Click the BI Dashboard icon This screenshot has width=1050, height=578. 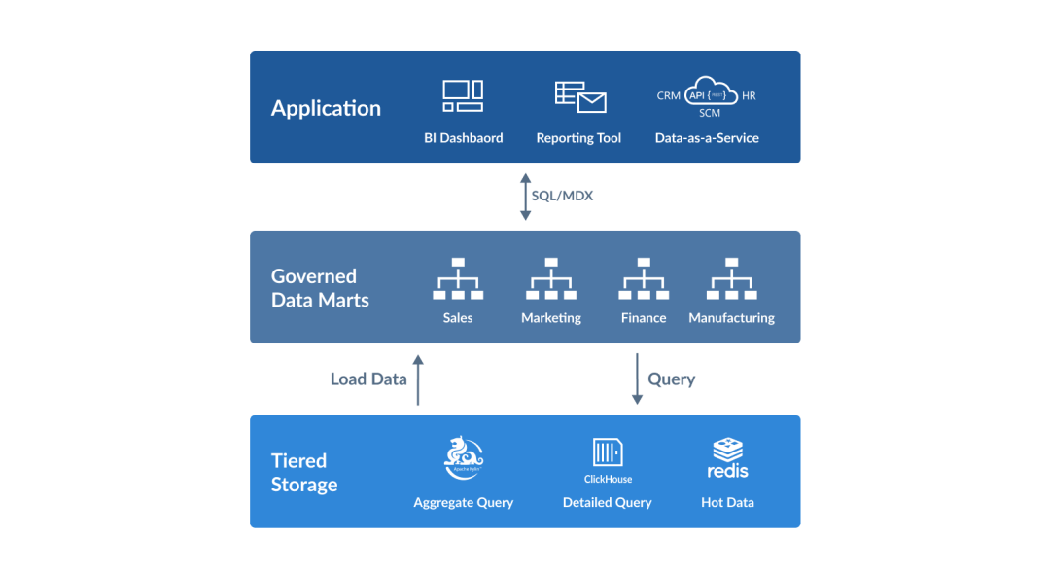pyautogui.click(x=463, y=95)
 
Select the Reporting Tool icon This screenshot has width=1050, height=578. pyautogui.click(x=579, y=96)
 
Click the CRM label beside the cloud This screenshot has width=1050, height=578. pyautogui.click(x=669, y=96)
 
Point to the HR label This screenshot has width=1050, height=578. pyautogui.click(x=748, y=96)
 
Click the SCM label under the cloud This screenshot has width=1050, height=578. pyautogui.click(x=710, y=114)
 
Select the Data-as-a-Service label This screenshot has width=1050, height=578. pyautogui.click(x=707, y=138)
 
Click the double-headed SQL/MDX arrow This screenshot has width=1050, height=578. pyautogui.click(x=525, y=197)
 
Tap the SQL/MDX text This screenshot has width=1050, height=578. pyautogui.click(x=562, y=196)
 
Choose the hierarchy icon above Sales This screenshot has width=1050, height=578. pyautogui.click(x=458, y=279)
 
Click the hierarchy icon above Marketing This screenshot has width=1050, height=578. pyautogui.click(x=551, y=279)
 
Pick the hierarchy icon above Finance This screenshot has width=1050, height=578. pyautogui.click(x=644, y=279)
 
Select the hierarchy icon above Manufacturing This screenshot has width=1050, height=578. pyautogui.click(x=731, y=279)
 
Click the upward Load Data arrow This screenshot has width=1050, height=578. pyautogui.click(x=418, y=379)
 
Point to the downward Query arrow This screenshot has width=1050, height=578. pyautogui.click(x=637, y=379)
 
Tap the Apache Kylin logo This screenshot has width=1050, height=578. pyautogui.click(x=464, y=456)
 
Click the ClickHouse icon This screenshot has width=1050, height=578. pyautogui.click(x=608, y=452)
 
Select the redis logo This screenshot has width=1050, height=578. pyautogui.click(x=727, y=458)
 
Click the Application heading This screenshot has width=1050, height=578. pyautogui.click(x=326, y=108)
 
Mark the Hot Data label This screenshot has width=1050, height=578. pyautogui.click(x=727, y=503)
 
